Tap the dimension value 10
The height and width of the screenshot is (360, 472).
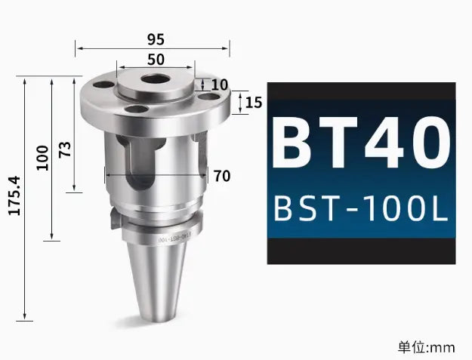click(219, 85)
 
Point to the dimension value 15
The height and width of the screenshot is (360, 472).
click(254, 102)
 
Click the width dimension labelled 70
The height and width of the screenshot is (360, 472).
click(221, 176)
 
